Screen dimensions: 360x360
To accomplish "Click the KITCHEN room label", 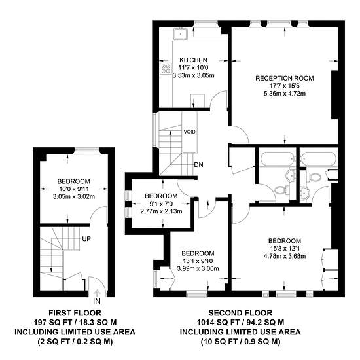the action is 193,60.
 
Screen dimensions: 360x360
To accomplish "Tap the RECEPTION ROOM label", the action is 285,78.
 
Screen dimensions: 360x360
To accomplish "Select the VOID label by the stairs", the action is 190,132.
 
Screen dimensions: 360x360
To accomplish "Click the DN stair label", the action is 198,164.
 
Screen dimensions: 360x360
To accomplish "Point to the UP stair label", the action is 86,239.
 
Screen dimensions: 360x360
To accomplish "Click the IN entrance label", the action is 97,301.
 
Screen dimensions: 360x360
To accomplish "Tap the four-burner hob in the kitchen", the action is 166,69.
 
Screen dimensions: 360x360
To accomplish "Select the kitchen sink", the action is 181,34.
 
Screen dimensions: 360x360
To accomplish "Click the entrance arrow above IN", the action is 97,293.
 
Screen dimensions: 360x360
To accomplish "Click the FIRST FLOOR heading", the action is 75,313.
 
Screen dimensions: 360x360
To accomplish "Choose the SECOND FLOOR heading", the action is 240,313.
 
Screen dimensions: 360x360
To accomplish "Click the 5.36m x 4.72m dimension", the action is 285,94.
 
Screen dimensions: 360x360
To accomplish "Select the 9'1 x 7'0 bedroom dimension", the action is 161,204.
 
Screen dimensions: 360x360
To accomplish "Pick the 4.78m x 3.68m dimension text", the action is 285,256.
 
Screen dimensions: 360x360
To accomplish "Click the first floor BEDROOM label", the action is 74,181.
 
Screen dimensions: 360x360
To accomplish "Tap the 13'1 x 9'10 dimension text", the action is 198,261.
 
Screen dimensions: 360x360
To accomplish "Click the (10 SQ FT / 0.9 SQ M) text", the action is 240,342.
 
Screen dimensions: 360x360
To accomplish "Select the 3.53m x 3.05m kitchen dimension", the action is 193,75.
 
